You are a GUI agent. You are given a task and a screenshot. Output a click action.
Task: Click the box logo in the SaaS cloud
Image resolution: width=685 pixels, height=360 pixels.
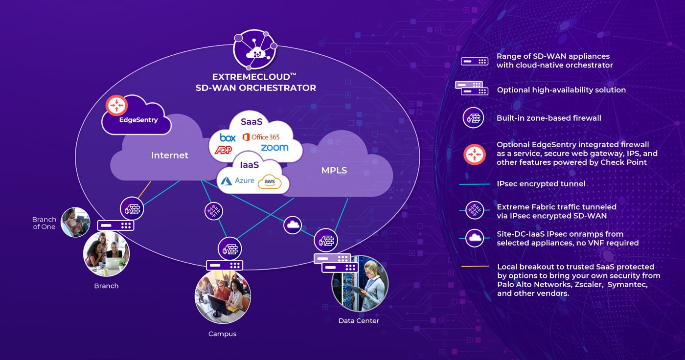tap(228, 137)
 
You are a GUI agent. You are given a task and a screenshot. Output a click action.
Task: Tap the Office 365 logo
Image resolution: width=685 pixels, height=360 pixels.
tap(261, 137)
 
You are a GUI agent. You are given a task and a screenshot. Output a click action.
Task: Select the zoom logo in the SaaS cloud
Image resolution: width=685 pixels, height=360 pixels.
tap(274, 148)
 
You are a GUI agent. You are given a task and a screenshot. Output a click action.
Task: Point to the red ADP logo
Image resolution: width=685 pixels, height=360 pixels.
tap(223, 150)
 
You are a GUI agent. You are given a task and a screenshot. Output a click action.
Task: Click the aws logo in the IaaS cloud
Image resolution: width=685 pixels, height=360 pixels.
tap(270, 181)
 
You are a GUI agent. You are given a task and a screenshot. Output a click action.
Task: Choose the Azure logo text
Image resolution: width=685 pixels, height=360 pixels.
tap(244, 180)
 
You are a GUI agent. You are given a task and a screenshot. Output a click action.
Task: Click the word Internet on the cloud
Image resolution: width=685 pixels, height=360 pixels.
tap(170, 155)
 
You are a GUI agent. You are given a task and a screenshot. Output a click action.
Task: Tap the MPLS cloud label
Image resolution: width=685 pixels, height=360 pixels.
tap(334, 170)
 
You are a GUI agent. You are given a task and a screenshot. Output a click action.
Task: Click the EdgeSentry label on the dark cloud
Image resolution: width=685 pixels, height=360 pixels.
tap(138, 120)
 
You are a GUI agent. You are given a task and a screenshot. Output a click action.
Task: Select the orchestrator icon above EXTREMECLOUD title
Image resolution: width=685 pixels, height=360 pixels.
tap(255, 49)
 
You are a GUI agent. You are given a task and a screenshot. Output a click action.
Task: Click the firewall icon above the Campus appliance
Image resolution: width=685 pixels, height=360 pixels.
tap(229, 249)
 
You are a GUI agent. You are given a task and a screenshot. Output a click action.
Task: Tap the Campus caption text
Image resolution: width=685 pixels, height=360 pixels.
tap(222, 334)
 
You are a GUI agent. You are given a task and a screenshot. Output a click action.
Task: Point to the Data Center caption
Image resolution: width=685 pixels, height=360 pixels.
tap(359, 320)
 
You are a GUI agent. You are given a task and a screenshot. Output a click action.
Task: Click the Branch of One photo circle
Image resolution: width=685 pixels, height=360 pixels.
tap(75, 222)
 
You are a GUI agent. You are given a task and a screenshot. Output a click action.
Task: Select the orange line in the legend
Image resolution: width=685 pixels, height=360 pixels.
tap(475, 267)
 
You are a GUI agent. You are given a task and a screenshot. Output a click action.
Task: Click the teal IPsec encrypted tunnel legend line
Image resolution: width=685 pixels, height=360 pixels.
tap(475, 184)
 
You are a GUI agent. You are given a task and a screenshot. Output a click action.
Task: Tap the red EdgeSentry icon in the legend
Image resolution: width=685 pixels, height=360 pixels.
tap(474, 155)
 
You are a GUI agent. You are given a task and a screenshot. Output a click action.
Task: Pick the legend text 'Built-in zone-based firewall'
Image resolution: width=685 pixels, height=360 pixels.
tap(548, 118)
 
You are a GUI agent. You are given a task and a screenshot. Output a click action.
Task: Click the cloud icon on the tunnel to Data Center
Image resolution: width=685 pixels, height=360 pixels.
tap(293, 225)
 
